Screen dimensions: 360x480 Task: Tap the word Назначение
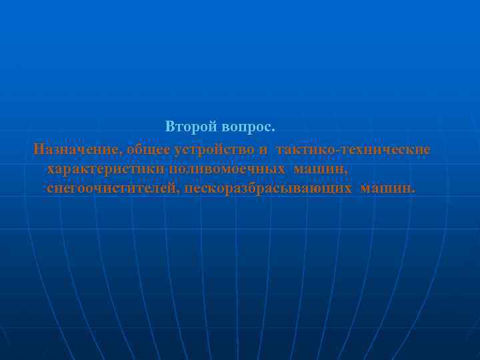point(73,148)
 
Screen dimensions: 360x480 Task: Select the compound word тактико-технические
point(353,148)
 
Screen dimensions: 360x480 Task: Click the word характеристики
point(105,169)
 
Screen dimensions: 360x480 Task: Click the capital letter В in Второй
point(171,126)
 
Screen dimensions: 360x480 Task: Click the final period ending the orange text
point(413,193)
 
